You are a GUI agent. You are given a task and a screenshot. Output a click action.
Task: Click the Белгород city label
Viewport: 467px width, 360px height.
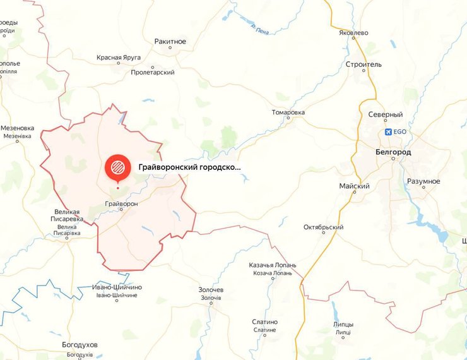[x=393, y=152]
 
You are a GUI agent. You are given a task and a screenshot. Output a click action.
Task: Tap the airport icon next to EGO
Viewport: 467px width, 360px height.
[x=387, y=132]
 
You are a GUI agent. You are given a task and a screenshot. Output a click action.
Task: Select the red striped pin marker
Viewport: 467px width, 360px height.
[x=117, y=168]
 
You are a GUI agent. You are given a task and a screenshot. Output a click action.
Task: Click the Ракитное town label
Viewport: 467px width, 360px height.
[x=170, y=42]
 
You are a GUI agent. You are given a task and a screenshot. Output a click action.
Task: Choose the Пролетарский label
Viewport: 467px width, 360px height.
[x=152, y=73]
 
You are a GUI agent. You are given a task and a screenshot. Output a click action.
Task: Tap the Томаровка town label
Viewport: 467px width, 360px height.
[x=288, y=112]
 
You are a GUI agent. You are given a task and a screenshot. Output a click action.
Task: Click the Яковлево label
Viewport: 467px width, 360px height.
[x=353, y=32]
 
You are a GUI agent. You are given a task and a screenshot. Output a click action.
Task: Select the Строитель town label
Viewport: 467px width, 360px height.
[x=364, y=64]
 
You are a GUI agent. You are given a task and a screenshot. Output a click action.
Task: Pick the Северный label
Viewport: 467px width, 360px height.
[x=386, y=114]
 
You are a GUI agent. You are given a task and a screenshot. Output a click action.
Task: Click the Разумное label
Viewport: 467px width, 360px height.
[x=423, y=181]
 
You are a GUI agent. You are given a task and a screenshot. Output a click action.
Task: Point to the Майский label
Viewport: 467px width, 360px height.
[x=354, y=186]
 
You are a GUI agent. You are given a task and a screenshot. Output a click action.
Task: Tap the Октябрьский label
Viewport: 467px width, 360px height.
[x=323, y=227]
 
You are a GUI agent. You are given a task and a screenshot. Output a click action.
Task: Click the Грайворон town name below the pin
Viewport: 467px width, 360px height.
[x=121, y=203]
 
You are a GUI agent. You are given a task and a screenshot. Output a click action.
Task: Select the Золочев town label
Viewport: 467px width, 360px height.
[x=212, y=290]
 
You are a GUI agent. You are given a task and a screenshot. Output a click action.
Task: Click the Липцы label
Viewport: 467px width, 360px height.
[x=343, y=325]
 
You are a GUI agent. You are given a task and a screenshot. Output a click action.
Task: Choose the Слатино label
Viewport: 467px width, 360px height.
[x=264, y=322]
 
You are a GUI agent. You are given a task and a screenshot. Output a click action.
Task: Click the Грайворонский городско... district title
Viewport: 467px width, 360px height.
[x=189, y=167]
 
